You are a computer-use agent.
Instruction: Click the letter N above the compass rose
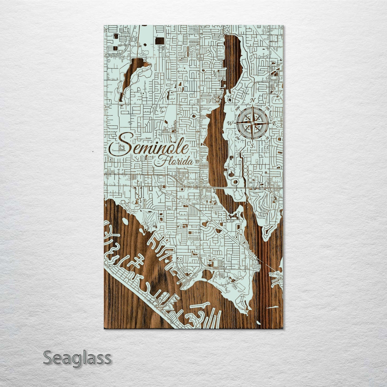point(252,100)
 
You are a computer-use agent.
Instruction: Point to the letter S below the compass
point(252,145)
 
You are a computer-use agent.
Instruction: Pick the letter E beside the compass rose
point(274,123)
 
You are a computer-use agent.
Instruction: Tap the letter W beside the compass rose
point(230,123)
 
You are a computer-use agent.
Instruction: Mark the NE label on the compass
point(268,108)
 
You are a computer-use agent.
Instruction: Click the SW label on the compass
point(237,138)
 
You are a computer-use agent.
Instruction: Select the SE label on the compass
point(267,138)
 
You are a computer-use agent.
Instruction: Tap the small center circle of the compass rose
point(252,123)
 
